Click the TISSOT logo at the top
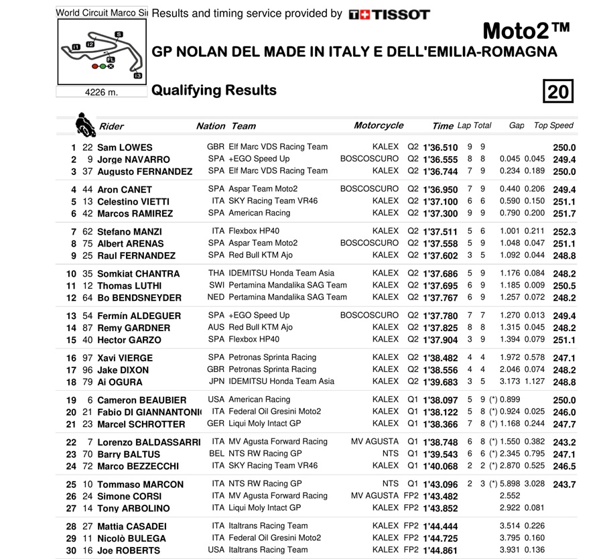[389, 14]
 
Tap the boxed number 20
[557, 91]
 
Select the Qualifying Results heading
[214, 90]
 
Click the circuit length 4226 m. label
[101, 92]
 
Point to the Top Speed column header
[553, 125]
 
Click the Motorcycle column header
[379, 125]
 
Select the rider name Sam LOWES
[125, 147]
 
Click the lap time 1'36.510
[440, 147]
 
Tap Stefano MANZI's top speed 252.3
[564, 232]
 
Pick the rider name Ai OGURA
[120, 382]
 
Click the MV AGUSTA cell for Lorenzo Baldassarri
[375, 442]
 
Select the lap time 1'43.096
[440, 485]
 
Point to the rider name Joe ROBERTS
[129, 550]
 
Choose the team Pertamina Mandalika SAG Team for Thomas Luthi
[287, 286]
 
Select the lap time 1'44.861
[440, 550]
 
